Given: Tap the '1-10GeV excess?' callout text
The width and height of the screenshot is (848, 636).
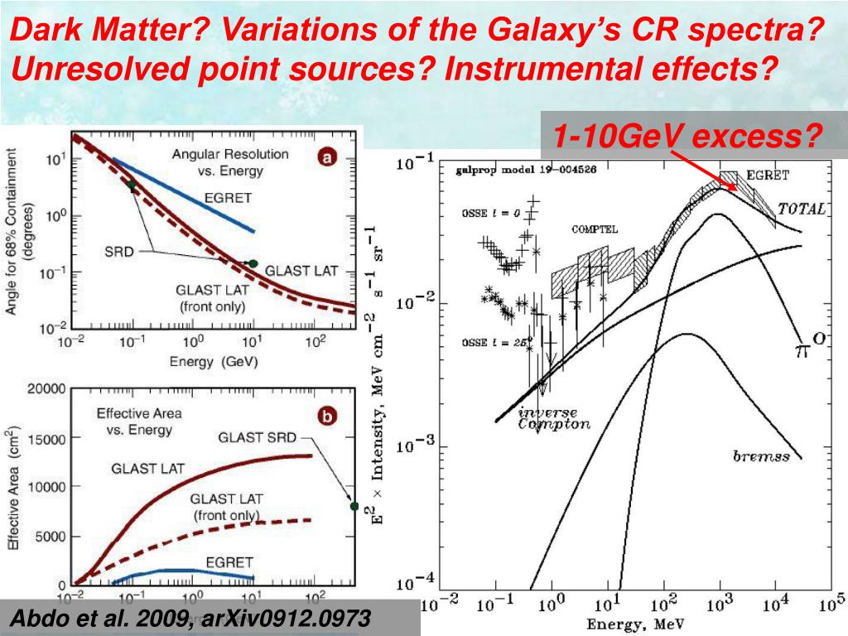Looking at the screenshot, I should tap(688, 135).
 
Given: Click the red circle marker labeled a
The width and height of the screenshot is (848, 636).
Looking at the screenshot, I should tap(328, 157).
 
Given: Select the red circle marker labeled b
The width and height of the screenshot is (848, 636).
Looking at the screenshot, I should tap(328, 418).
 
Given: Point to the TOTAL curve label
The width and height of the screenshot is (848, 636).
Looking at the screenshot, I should tap(802, 209).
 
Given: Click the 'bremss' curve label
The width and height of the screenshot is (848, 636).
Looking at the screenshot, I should tap(761, 455).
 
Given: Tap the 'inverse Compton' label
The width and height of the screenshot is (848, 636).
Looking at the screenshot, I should tap(554, 418).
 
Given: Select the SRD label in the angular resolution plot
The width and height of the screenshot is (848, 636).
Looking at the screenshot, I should tap(119, 250).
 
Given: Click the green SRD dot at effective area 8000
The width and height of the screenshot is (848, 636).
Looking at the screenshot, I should tap(354, 506).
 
